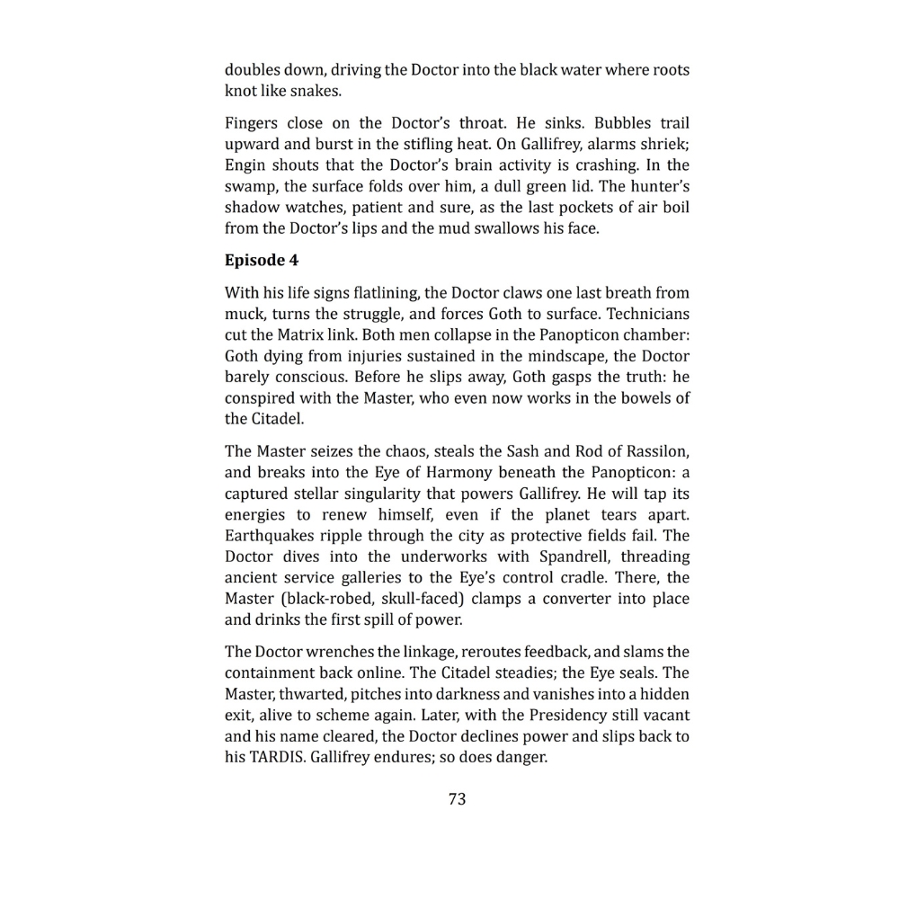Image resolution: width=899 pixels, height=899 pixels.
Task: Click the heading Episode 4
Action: click(x=261, y=261)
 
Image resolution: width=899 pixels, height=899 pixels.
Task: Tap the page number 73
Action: click(x=457, y=799)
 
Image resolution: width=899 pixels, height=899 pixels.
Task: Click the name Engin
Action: click(x=245, y=165)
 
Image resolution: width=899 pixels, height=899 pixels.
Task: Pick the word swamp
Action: click(x=251, y=187)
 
